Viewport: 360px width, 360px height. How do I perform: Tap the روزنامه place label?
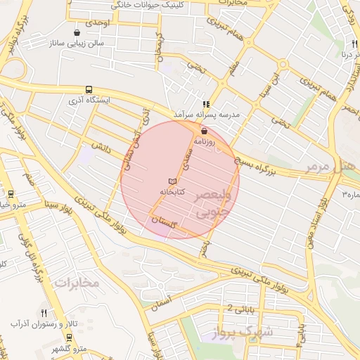(x=205, y=141)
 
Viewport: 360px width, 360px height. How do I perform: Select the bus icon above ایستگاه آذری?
(x=89, y=90)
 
